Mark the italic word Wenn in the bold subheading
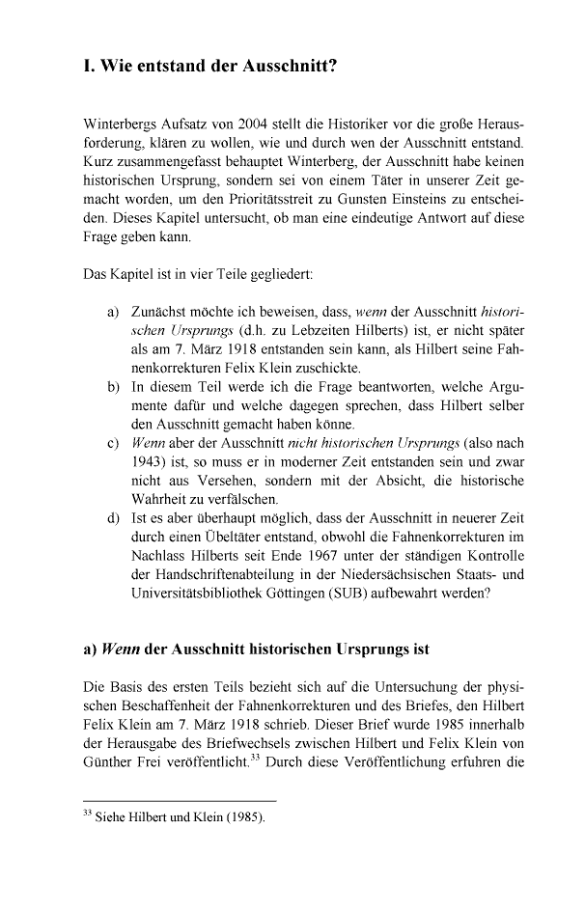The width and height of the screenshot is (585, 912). (x=122, y=649)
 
